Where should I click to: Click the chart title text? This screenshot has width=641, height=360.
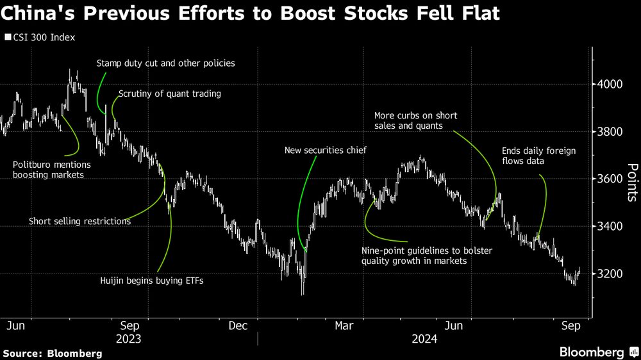(251, 13)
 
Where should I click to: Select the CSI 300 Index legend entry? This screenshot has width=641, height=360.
(42, 37)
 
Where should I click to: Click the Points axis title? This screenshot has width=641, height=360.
(632, 182)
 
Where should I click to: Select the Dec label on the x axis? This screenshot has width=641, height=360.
(238, 326)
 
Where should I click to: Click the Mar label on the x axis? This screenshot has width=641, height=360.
(344, 326)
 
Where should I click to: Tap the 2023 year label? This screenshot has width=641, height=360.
(129, 339)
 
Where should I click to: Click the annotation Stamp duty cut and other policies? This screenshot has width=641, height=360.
(165, 63)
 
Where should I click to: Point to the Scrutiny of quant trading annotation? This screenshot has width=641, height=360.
(169, 94)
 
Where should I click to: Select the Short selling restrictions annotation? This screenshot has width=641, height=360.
(79, 221)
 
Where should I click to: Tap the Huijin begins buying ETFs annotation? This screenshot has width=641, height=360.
(151, 280)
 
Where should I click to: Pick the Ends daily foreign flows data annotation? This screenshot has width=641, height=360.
(538, 156)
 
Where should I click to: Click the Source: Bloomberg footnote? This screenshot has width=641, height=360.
(53, 353)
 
